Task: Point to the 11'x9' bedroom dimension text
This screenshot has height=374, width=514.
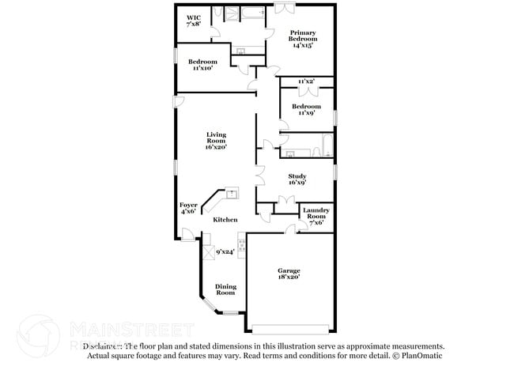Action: [x=306, y=113]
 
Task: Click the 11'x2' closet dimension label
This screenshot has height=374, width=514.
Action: [x=306, y=82]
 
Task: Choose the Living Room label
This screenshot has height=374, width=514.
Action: [x=216, y=140]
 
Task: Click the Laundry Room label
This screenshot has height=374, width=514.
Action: [x=316, y=215]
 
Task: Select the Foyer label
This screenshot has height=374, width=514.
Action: [x=188, y=207]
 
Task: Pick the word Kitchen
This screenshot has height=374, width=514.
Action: [x=225, y=220]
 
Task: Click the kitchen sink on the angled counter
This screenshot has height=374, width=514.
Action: [x=232, y=192]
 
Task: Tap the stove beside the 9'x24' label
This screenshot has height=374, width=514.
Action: [x=241, y=247]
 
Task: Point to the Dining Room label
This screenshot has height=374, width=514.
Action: [x=226, y=289]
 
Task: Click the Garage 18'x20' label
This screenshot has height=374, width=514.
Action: [x=289, y=274]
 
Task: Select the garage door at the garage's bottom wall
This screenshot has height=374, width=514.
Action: [x=289, y=328]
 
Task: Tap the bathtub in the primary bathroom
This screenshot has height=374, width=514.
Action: [x=251, y=13]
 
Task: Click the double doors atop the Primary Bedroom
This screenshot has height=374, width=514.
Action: [x=286, y=9]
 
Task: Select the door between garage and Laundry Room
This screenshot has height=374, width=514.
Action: [x=292, y=229]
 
